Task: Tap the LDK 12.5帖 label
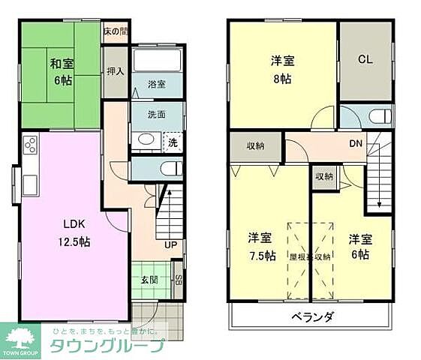tap(71, 232)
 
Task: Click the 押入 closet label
tap(115, 72)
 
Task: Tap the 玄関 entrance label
tap(148, 280)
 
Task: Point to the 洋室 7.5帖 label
tap(260, 247)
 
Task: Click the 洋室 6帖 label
tap(358, 247)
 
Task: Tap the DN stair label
tap(356, 143)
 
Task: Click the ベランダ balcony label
tap(311, 316)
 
